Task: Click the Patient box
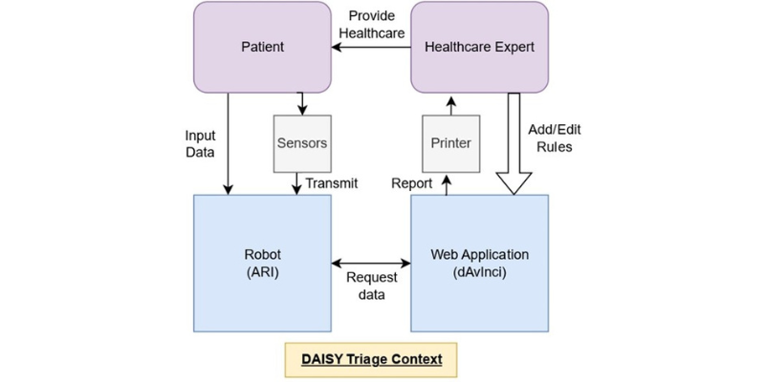262,46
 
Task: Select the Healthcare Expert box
479,46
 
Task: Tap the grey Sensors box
301,143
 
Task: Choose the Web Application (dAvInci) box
479,263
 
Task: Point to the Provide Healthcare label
376,25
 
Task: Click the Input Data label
200,143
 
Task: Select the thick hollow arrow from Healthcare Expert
514,143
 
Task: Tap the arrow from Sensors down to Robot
301,183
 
